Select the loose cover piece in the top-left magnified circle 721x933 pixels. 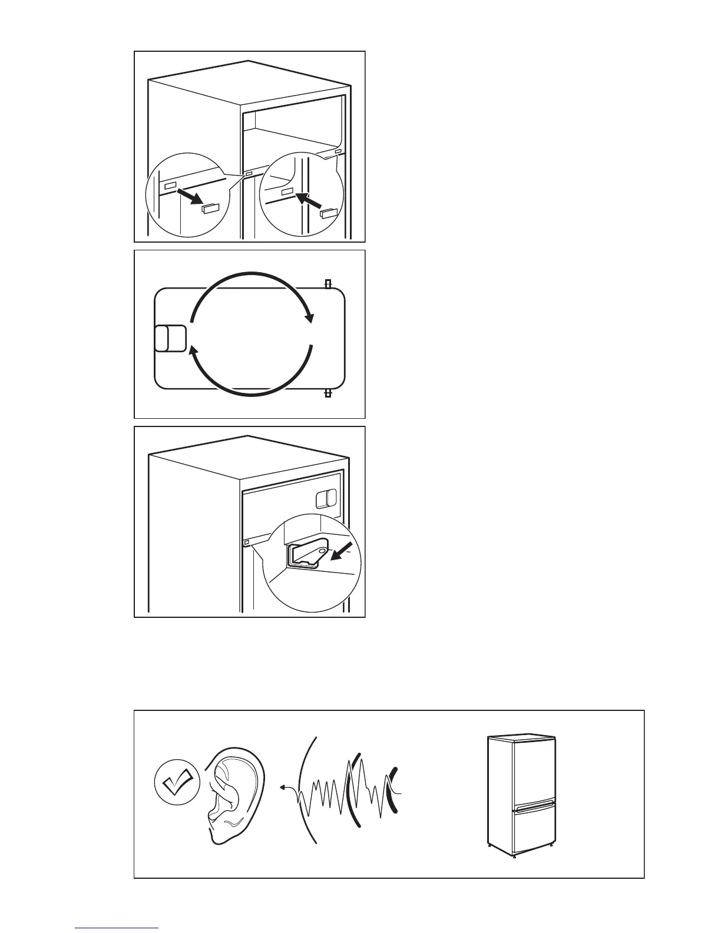209,208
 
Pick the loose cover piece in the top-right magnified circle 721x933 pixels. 328,213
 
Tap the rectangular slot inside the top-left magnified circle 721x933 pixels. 170,185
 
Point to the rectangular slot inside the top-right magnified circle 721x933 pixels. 287,192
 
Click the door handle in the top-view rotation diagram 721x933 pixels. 170,338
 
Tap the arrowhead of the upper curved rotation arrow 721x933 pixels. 308,318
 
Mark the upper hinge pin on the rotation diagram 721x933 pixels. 328,284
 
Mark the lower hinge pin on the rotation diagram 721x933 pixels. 328,392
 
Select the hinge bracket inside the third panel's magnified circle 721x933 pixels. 306,555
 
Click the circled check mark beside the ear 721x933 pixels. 177,784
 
